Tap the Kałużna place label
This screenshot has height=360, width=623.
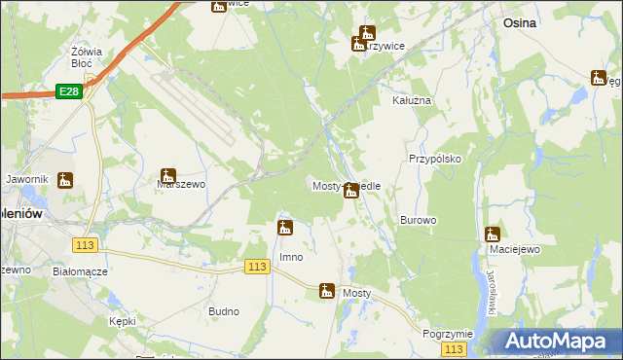[411, 100]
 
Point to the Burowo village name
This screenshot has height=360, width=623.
[418, 221]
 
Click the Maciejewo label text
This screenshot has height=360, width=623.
[493, 250]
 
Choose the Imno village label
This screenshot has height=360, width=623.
[291, 258]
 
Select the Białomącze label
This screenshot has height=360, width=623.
[80, 272]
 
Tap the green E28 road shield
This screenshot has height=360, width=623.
[68, 90]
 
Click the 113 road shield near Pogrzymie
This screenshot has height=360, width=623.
[453, 348]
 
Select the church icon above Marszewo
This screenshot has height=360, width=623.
[168, 176]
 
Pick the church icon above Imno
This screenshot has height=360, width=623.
[285, 229]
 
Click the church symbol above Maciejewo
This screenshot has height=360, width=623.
[493, 234]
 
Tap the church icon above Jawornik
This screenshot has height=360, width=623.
[65, 180]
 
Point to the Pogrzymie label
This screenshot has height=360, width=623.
[448, 334]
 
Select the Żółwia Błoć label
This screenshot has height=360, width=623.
[88, 58]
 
